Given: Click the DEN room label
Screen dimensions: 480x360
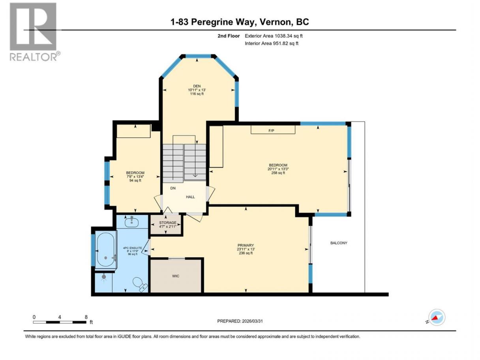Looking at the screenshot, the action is (197, 86).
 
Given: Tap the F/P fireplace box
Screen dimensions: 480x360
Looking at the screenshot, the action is (273, 129).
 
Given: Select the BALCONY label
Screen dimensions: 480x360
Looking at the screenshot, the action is (339, 243).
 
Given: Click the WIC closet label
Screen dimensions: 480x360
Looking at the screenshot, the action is (176, 276).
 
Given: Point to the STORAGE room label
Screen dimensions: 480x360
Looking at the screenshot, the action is (168, 223).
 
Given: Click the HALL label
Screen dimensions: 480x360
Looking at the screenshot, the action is (190, 197).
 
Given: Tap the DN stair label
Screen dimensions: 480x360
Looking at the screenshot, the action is (173, 188).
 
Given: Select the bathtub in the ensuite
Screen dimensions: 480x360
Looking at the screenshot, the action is (106, 249).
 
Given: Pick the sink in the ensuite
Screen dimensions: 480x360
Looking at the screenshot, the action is (131, 222).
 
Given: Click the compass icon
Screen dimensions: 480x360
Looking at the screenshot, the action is (437, 317).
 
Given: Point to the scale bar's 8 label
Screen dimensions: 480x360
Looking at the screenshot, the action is (86, 317).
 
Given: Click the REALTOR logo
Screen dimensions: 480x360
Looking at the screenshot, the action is (34, 32).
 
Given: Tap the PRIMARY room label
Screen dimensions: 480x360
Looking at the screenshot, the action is (246, 245).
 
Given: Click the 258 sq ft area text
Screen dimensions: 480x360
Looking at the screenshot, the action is (278, 172).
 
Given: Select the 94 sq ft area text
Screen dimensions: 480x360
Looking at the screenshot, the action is (135, 180).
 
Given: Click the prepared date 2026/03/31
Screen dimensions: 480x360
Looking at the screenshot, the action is (252, 321).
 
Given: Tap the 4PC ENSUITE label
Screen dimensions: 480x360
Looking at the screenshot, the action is (133, 248).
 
